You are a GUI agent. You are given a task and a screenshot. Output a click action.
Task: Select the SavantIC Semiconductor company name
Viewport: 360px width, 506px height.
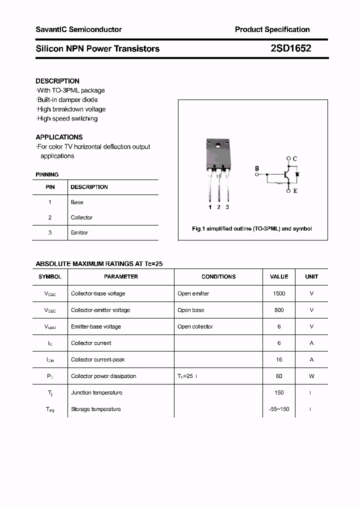click(78, 29)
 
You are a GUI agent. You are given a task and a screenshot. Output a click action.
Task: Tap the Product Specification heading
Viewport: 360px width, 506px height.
click(272, 29)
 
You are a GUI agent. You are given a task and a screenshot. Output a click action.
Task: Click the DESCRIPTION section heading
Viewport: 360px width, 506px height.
click(57, 81)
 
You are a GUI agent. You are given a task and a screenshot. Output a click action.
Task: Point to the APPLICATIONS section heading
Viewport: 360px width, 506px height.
click(59, 137)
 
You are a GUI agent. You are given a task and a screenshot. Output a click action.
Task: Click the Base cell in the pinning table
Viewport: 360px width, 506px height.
click(77, 202)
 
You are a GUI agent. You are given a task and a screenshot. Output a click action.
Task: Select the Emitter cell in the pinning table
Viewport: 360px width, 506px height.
click(79, 232)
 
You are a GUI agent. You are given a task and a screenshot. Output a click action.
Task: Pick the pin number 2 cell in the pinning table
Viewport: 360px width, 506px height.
click(50, 217)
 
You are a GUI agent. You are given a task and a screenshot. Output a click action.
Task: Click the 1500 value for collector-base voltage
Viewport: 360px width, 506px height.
click(279, 293)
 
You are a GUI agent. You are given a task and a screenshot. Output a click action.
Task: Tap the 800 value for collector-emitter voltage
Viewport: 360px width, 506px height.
click(279, 310)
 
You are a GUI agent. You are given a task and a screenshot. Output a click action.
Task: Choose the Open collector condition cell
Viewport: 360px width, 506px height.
click(195, 326)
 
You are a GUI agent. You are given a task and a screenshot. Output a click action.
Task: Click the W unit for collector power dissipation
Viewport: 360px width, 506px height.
click(311, 376)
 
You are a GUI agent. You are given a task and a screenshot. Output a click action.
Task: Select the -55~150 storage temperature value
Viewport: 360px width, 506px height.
click(279, 409)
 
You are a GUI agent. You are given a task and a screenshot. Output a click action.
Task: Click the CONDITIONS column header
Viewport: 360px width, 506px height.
click(218, 276)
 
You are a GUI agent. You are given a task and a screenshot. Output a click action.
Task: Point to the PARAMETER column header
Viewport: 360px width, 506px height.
click(121, 276)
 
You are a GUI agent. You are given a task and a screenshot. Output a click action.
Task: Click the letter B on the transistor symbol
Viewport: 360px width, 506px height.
click(257, 168)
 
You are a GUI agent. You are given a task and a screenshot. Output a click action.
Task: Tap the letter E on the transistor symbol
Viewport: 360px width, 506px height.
click(295, 190)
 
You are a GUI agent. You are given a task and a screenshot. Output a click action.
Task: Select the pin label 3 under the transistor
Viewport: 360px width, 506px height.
click(227, 207)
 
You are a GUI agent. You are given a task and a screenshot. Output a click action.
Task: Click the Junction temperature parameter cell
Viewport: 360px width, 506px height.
click(96, 392)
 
